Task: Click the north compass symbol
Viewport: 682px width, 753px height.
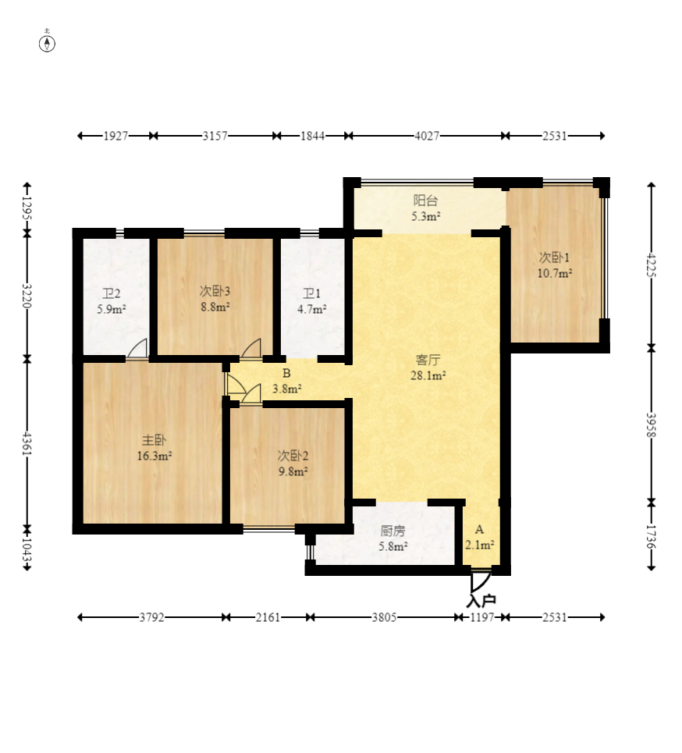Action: (47, 41)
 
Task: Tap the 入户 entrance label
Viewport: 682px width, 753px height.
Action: (481, 601)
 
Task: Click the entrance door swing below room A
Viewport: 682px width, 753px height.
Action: (480, 582)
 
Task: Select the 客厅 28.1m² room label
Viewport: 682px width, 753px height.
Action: (428, 368)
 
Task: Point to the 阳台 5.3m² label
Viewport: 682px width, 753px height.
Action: (425, 208)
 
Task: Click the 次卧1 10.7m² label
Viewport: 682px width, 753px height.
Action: (554, 265)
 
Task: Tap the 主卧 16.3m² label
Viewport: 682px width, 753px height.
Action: (155, 448)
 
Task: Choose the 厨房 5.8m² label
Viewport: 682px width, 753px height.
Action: (393, 538)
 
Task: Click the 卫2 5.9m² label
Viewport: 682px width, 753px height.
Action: (112, 301)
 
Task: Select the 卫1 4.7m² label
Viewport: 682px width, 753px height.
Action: (311, 301)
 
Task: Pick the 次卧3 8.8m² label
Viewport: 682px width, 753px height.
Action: (215, 298)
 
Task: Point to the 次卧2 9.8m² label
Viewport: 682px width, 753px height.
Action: (293, 463)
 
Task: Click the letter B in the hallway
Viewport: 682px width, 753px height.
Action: (286, 373)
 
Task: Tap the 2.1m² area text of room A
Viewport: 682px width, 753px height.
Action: (479, 545)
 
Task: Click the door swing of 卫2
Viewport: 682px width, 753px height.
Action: (137, 349)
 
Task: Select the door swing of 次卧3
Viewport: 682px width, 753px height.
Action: (250, 349)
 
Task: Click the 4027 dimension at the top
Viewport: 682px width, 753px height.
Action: (427, 136)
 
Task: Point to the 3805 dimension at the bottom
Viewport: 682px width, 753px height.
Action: (384, 617)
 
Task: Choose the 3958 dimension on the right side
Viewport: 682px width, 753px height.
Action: (652, 425)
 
